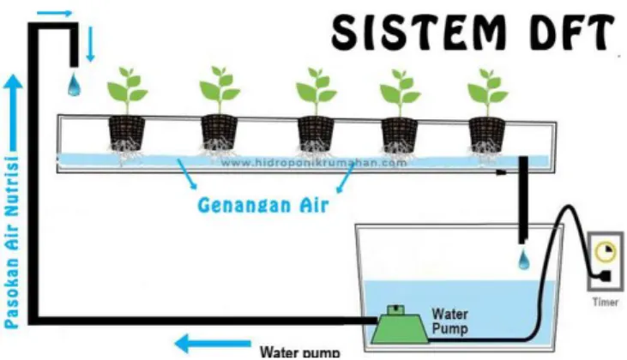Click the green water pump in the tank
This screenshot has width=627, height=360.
tap(398, 325)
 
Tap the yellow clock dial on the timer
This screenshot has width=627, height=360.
tap(605, 252)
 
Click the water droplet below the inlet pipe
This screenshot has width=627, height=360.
tap(74, 85)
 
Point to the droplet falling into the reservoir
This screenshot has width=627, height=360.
tap(523, 259)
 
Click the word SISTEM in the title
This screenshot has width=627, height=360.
tap(419, 32)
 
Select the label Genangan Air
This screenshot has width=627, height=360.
tap(263, 205)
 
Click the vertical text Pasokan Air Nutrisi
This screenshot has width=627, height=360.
tap(12, 242)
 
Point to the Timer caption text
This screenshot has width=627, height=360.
tap(606, 302)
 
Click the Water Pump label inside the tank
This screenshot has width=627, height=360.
tap(449, 321)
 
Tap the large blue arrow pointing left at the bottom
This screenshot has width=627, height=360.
tap(213, 344)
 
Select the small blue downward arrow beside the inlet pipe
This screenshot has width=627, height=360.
tap(90, 44)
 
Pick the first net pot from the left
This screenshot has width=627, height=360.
tap(126, 133)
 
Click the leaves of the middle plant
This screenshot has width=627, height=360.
tap(316, 87)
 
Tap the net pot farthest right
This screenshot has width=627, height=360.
tap(486, 135)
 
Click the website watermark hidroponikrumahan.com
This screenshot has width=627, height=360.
tap(314, 163)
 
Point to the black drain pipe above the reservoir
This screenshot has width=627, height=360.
tap(522, 200)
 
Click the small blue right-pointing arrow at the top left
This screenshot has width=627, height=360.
tap(54, 13)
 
